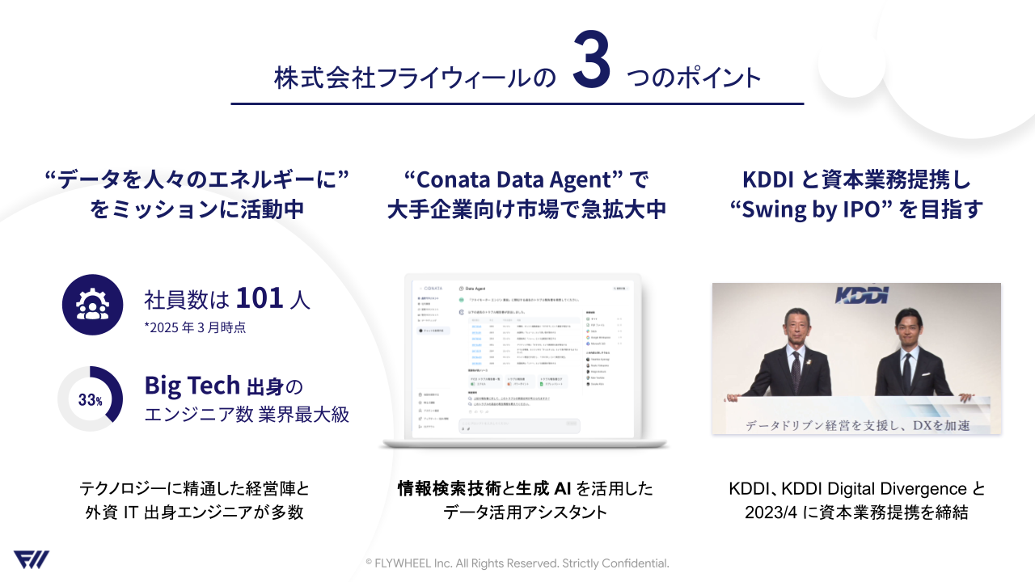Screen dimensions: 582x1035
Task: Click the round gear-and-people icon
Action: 92,304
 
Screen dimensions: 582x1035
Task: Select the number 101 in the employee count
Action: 260,297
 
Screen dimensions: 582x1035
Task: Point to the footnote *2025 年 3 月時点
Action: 195,327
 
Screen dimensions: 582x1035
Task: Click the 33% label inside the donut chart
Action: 90,399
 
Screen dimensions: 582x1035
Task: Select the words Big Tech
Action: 192,385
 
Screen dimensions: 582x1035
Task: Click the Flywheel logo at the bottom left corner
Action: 31,559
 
